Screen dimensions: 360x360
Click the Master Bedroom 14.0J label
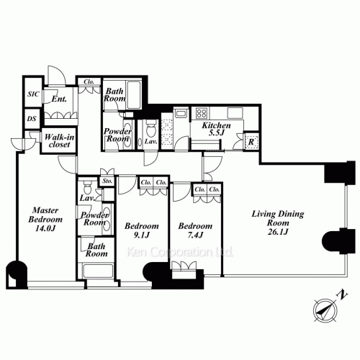(45, 220)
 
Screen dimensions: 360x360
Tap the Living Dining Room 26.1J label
(278, 222)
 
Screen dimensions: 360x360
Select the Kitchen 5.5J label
(216, 129)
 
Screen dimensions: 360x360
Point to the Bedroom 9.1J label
(142, 230)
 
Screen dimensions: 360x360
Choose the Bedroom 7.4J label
(195, 230)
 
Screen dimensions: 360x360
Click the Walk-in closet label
(59, 140)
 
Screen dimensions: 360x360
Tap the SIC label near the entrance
(33, 94)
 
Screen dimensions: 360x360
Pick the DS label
(32, 119)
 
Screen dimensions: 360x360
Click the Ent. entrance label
(59, 99)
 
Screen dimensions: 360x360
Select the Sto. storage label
(107, 181)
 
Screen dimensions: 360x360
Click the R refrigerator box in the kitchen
(251, 142)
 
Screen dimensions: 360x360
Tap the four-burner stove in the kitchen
(202, 113)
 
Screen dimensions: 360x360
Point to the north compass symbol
(325, 310)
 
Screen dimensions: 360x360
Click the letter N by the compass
(343, 294)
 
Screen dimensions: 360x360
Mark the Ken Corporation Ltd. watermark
(180, 252)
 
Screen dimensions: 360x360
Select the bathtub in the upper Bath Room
(134, 95)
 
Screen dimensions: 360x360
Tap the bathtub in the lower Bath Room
(97, 271)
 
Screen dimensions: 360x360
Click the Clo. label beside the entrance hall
(89, 82)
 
